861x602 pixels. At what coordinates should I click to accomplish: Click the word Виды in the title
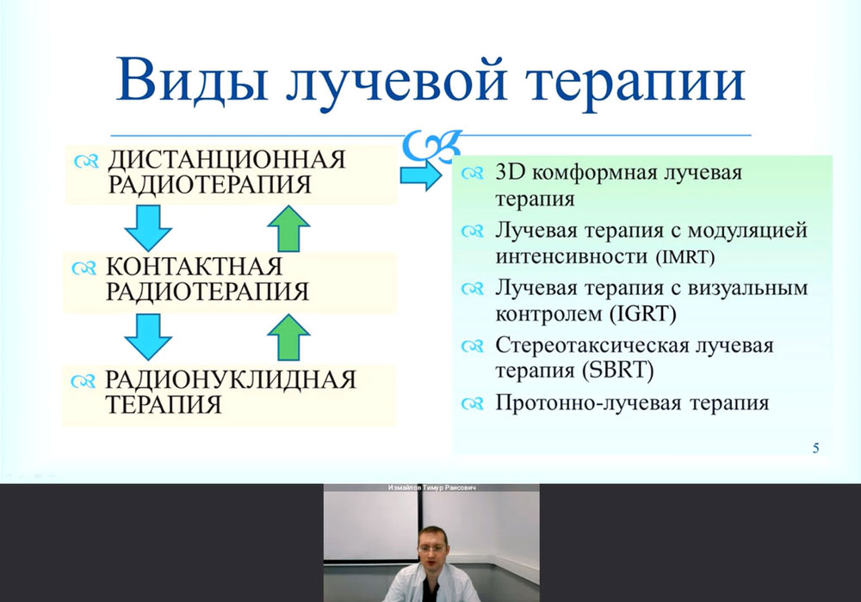coord(192,80)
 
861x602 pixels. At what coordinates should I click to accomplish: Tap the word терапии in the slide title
coord(635,84)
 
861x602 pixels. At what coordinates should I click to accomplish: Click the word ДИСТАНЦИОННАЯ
coord(226,160)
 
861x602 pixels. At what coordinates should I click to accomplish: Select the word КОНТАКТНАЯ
coord(194,266)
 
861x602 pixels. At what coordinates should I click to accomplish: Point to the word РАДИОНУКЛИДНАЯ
coord(231,379)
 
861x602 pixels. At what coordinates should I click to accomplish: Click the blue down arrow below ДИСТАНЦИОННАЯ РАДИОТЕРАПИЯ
coord(148,228)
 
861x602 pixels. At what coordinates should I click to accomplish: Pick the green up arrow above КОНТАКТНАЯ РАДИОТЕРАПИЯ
coord(288,229)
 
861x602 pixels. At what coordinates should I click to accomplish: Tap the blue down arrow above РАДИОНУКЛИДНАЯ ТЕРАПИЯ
coord(148,336)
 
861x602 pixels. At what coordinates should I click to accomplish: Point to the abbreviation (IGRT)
coord(642,314)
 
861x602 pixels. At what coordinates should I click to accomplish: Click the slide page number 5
coord(815,448)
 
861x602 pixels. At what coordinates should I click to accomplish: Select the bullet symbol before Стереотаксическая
coord(472,347)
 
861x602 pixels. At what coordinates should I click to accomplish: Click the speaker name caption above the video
coord(431,488)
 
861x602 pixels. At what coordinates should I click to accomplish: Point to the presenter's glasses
coord(431,548)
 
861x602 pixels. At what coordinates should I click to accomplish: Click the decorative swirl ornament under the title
coord(431,144)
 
